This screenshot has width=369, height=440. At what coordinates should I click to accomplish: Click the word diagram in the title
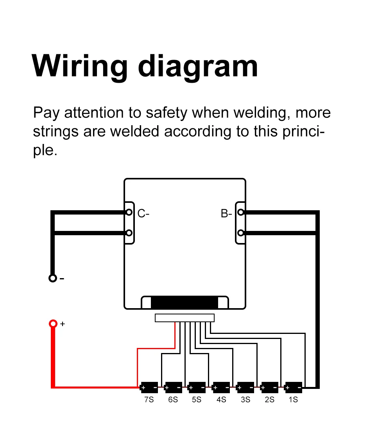pos(198,66)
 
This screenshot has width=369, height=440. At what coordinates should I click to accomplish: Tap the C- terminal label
pos(143,213)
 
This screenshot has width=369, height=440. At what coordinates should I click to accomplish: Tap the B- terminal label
pos(226,213)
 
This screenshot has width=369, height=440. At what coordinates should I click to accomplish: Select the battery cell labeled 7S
pos(149,387)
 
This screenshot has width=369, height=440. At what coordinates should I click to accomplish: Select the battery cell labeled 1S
pos(293,387)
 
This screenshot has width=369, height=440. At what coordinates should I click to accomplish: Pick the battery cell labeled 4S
pos(221,387)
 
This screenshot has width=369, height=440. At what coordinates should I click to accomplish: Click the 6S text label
pos(173,400)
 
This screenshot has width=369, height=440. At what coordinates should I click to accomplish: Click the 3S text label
pos(245,400)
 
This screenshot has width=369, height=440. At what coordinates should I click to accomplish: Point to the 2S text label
pos(269,400)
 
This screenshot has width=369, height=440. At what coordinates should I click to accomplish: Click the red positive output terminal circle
pos(53,324)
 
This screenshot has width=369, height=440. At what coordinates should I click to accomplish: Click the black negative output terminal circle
pos(52,278)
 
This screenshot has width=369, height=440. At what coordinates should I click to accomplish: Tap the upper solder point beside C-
pos(129,212)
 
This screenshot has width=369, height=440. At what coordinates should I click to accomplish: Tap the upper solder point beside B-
pos(241,212)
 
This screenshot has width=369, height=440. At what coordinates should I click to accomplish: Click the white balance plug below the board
pos(184,318)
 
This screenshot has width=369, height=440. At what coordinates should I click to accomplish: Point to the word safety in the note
pos(167,113)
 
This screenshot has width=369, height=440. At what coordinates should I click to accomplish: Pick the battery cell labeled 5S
pos(197,387)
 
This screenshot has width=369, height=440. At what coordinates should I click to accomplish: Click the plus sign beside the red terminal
pos(63,324)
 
